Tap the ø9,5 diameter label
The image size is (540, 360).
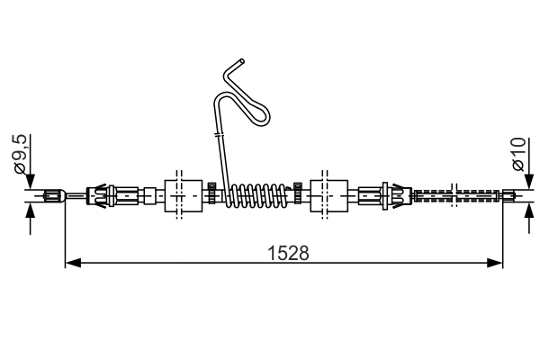[x=21, y=156]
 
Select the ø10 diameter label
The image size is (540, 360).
[x=518, y=156]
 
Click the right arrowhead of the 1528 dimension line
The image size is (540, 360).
[x=494, y=263]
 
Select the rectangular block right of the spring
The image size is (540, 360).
[x=328, y=195]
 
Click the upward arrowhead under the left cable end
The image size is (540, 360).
[x=30, y=210]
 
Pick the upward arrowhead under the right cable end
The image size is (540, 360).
[x=526, y=210]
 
